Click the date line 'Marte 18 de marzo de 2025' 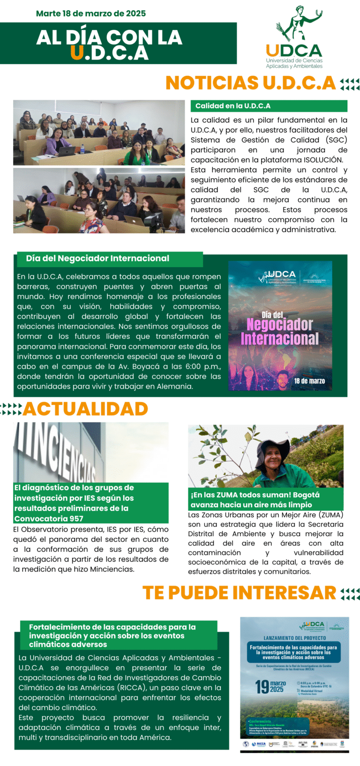click(91, 14)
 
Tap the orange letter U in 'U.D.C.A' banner click(77, 53)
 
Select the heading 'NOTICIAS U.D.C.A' click(251, 83)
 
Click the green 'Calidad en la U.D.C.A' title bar click(269, 106)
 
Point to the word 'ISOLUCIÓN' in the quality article click(323, 160)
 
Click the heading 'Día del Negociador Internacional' click(97, 258)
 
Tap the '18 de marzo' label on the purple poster click(309, 381)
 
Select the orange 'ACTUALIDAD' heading click(85, 409)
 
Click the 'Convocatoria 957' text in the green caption click(49, 518)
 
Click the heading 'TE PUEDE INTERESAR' click(239, 593)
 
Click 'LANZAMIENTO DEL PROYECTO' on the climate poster click(294, 638)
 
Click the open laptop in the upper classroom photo click(68, 151)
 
